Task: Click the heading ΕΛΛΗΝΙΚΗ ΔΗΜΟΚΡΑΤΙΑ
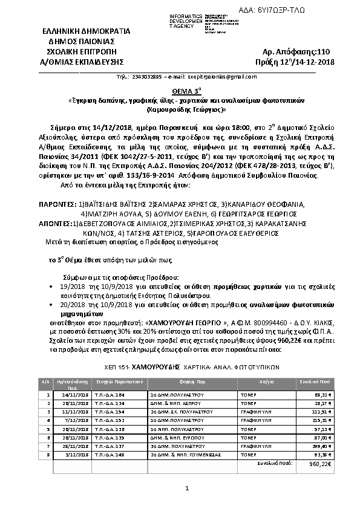click(77, 31)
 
